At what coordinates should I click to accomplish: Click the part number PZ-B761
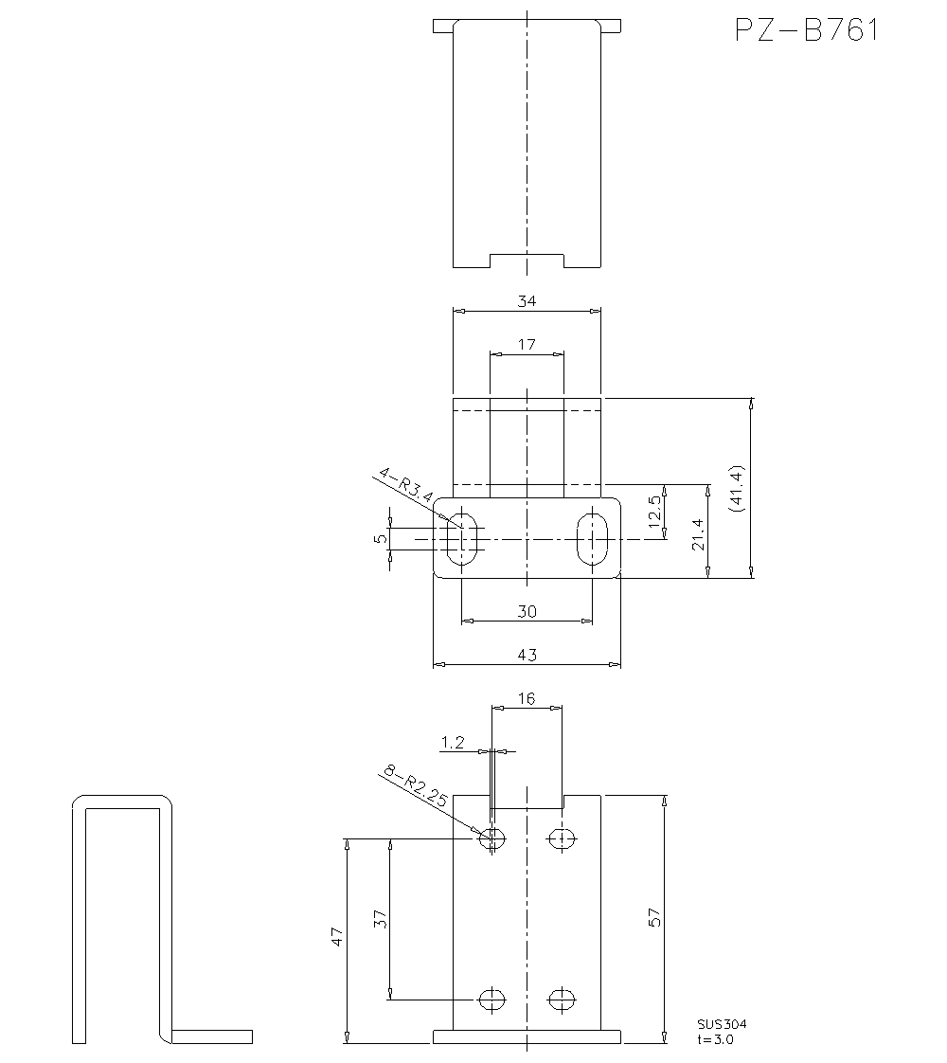point(806,30)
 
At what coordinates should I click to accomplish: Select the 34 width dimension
point(527,301)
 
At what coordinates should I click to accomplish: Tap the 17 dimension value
point(527,344)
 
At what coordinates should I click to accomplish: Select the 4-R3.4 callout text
point(405,484)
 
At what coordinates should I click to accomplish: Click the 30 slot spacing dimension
point(527,611)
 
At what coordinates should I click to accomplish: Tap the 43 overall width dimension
point(527,655)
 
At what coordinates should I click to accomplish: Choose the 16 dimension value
point(527,698)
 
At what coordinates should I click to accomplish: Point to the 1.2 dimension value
point(453,744)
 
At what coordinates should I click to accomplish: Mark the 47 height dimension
point(336,937)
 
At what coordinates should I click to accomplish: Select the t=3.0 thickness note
point(715,1038)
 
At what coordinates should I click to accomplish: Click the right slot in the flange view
point(593,539)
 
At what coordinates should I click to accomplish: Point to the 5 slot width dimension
point(380,538)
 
